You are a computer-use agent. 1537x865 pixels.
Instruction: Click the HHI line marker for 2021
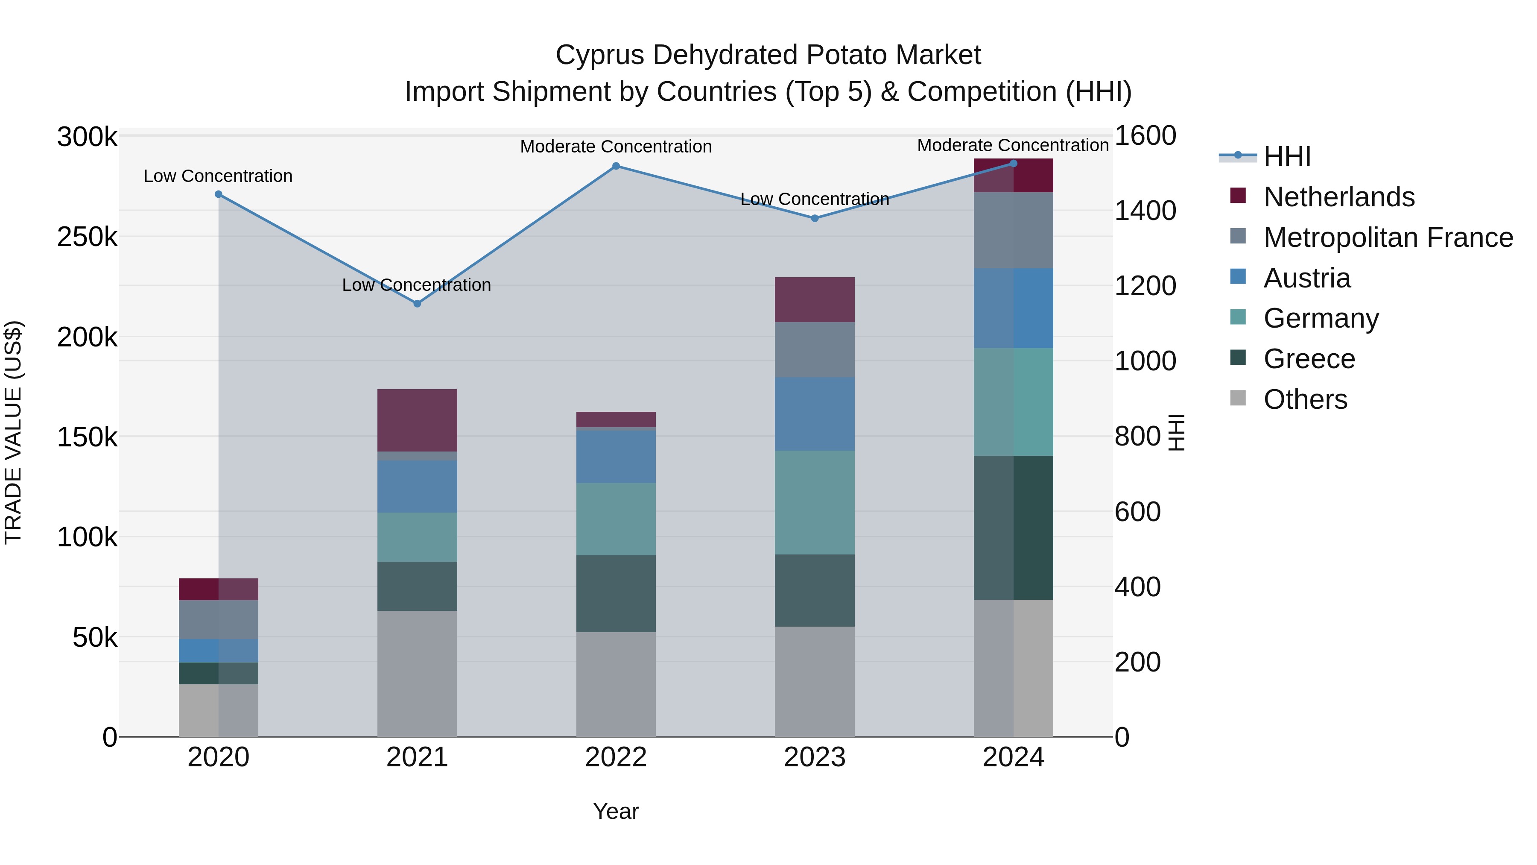point(417,304)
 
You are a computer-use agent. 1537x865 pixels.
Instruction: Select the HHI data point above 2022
point(616,167)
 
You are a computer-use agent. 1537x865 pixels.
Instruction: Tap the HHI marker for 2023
point(815,218)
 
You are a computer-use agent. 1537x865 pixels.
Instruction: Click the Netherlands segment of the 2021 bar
point(417,420)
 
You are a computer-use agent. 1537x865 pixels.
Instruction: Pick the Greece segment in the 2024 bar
point(1013,528)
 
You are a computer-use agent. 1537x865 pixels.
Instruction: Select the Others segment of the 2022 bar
point(616,684)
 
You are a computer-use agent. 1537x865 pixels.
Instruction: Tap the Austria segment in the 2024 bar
point(1013,308)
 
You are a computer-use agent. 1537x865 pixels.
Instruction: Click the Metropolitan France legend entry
point(1388,238)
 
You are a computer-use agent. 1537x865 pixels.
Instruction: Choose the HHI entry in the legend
point(1287,156)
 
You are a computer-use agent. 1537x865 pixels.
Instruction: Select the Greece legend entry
point(1309,359)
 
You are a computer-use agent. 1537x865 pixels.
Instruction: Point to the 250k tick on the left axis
point(87,238)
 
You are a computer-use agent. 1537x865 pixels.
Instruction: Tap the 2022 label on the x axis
point(616,757)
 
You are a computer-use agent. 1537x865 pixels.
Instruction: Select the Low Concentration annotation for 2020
point(218,176)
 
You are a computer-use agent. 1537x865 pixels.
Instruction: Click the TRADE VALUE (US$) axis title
point(13,432)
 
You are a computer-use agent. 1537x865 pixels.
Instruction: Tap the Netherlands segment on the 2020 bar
point(218,589)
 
